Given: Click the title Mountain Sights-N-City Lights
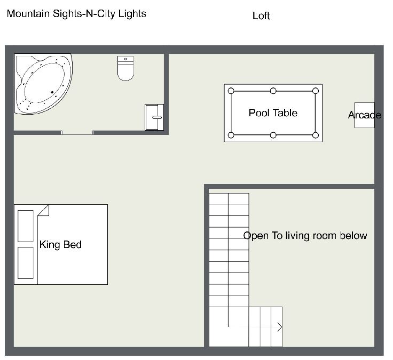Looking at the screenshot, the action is point(76,14).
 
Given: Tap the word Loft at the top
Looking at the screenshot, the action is point(261,16).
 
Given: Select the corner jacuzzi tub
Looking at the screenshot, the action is point(43,84).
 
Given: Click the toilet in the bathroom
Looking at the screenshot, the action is point(125,68).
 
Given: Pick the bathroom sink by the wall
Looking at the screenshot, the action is point(154,117).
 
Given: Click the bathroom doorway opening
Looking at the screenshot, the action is point(77,133).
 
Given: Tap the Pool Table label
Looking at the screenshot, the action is point(273,113).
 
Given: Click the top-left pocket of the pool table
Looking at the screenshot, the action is point(231,91).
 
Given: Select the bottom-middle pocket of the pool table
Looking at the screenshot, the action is point(273,135).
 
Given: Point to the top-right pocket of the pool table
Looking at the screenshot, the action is point(316,91).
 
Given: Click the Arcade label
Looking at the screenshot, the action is point(365,115).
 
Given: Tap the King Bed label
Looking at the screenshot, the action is point(60,245).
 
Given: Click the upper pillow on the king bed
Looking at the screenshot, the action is point(26,226).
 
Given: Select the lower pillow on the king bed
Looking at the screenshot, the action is point(26,263).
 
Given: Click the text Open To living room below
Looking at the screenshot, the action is point(305,236).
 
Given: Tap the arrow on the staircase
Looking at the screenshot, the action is point(280,327).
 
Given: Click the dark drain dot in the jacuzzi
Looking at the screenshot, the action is point(52,92).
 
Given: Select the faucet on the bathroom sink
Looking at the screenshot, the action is point(157,117).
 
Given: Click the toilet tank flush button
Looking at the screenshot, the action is point(125,59).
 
